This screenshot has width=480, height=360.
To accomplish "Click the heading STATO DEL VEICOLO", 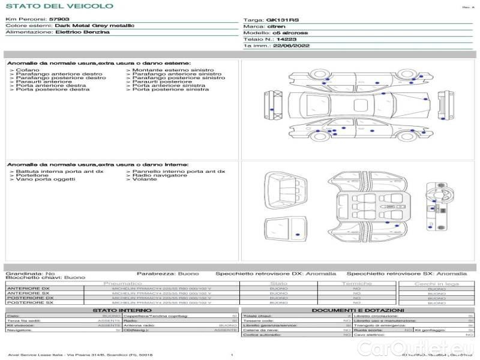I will click(59, 6).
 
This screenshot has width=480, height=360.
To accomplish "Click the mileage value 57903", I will click(59, 20).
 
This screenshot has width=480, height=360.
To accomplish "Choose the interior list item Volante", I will click(145, 179).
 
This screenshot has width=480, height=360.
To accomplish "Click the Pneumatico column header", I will click(122, 283).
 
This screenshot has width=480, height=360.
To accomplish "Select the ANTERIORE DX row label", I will click(28, 289).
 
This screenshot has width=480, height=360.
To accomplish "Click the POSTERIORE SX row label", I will click(29, 302).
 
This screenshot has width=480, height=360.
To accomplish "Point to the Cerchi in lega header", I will click(436, 283).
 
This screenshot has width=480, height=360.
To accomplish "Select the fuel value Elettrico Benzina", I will click(82, 32).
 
